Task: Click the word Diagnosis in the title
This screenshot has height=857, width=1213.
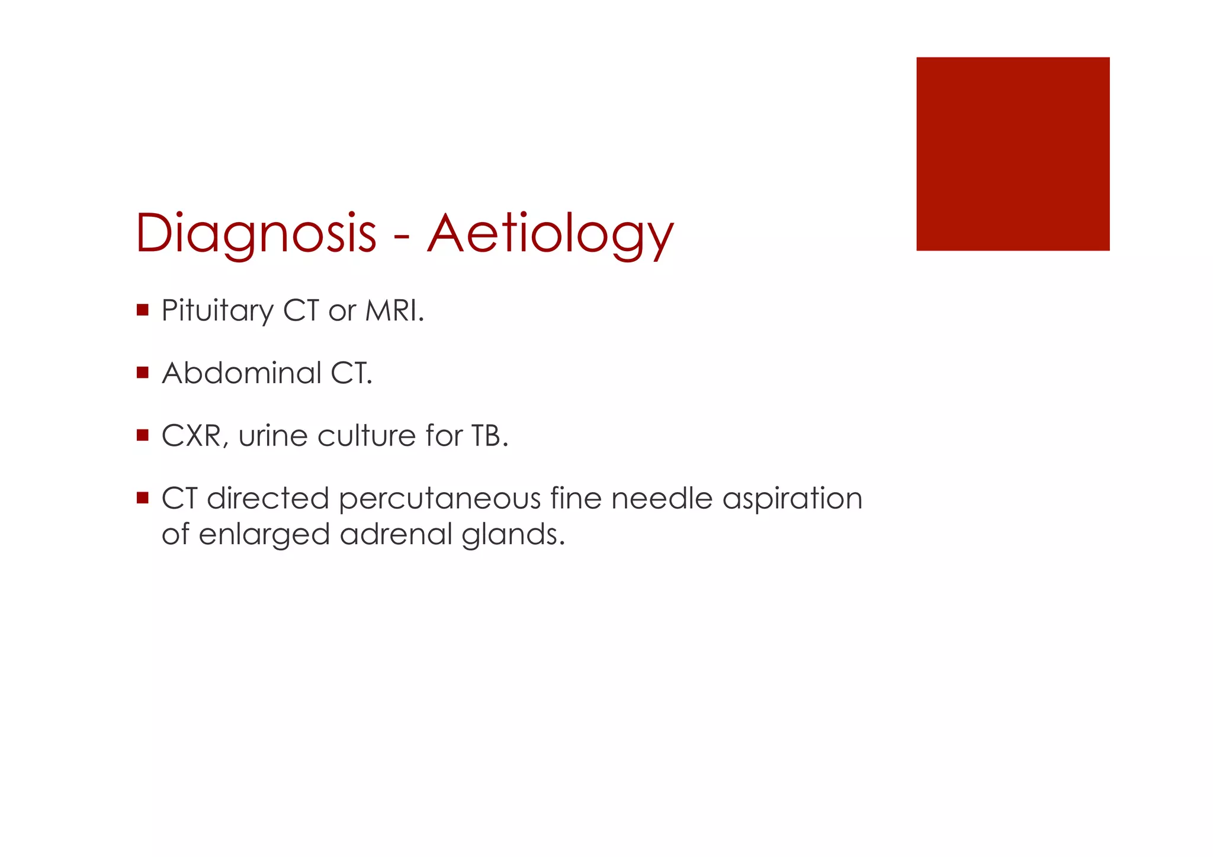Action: pyautogui.click(x=256, y=234)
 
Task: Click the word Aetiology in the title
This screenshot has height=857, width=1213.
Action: pyautogui.click(x=550, y=234)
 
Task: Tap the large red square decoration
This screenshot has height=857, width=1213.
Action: pyautogui.click(x=1012, y=154)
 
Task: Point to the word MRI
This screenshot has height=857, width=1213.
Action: pyautogui.click(x=393, y=310)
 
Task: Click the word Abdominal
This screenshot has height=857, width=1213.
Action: pyautogui.click(x=241, y=373)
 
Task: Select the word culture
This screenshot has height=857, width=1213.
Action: pyautogui.click(x=367, y=436)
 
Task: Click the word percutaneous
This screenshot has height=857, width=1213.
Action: pyautogui.click(x=439, y=499)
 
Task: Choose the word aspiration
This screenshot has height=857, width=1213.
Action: pyautogui.click(x=792, y=499)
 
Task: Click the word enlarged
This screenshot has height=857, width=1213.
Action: pyautogui.click(x=264, y=535)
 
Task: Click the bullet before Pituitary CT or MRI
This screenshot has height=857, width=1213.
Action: pyautogui.click(x=142, y=310)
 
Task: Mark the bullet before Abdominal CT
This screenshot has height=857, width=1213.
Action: pyautogui.click(x=142, y=373)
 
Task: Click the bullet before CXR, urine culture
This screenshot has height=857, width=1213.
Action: pyautogui.click(x=142, y=435)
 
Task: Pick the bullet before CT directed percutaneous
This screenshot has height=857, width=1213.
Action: pyautogui.click(x=142, y=497)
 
